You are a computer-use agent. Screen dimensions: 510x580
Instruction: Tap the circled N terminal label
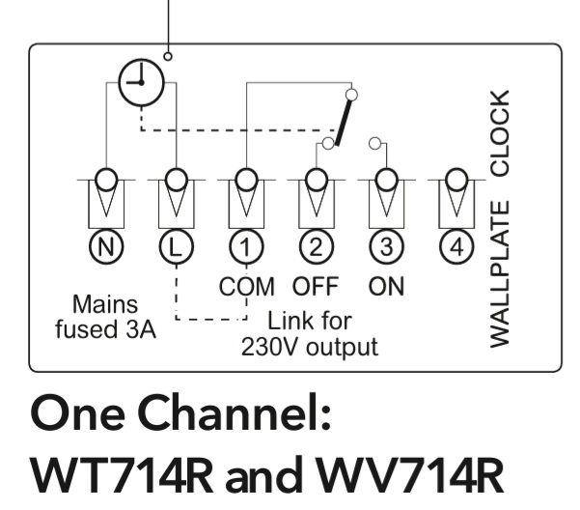[x=105, y=247]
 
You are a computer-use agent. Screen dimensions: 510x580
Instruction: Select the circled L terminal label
[x=175, y=247]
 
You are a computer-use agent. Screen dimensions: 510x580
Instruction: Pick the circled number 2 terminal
[x=315, y=247]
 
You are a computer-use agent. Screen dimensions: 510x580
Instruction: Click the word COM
[x=247, y=287]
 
